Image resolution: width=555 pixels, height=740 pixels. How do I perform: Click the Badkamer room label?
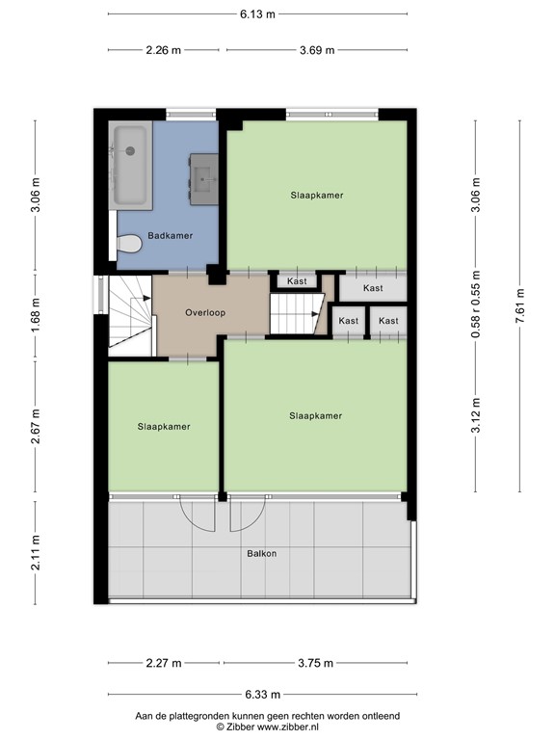pyautogui.click(x=170, y=235)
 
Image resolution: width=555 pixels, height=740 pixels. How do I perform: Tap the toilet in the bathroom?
pyautogui.click(x=129, y=244)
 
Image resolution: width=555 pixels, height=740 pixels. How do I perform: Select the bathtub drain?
pyautogui.click(x=130, y=151)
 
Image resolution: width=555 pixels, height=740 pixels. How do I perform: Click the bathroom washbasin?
pyautogui.click(x=204, y=179)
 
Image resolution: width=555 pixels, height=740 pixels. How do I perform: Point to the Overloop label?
pyautogui.click(x=205, y=312)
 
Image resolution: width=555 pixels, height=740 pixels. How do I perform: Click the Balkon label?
pyautogui.click(x=262, y=554)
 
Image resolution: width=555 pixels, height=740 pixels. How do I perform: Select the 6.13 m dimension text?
pyautogui.click(x=257, y=14)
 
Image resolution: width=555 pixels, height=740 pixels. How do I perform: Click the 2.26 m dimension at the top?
pyautogui.click(x=163, y=50)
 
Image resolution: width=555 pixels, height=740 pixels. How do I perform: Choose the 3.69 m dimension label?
pyautogui.click(x=317, y=50)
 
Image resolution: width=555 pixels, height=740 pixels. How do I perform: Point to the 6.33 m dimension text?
pyautogui.click(x=263, y=694)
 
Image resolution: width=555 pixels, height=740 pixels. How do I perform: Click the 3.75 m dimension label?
pyautogui.click(x=316, y=663)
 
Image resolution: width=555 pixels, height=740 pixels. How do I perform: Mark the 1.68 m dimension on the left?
pyautogui.click(x=35, y=314)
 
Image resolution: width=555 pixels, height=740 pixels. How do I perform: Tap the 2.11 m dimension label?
pyautogui.click(x=35, y=553)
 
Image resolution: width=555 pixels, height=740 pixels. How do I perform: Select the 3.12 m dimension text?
pyautogui.click(x=476, y=415)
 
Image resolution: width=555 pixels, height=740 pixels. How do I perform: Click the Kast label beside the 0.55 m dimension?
pyautogui.click(x=373, y=288)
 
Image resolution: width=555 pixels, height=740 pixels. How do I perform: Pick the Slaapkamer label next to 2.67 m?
pyautogui.click(x=164, y=427)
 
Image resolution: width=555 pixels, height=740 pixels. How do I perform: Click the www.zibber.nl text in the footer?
pyautogui.click(x=289, y=727)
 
